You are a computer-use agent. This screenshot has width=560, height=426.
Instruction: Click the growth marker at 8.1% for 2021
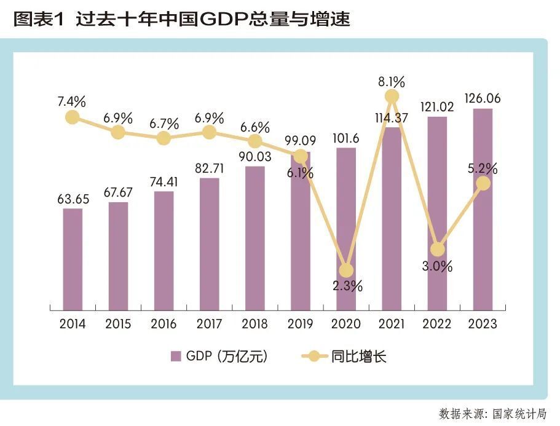[392, 97]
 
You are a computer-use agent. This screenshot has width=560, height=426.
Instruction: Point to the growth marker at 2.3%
[346, 270]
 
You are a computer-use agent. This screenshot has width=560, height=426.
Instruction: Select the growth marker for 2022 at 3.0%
[437, 250]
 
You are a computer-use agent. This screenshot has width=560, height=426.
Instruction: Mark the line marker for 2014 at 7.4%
[73, 117]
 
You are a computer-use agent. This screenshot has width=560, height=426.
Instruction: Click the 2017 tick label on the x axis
[209, 324]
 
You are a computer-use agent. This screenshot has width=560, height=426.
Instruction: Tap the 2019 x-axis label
[300, 324]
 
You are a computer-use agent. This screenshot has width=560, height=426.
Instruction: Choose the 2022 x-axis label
[437, 324]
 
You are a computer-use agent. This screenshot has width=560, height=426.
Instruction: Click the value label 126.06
[483, 98]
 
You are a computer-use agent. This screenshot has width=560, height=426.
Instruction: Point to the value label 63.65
[73, 199]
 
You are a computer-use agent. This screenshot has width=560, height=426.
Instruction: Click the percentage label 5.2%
[483, 168]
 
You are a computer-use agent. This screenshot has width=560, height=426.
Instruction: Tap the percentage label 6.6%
[254, 127]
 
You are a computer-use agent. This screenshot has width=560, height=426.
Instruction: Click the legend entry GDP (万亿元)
[219, 356]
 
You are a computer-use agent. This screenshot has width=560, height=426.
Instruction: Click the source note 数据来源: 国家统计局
[492, 414]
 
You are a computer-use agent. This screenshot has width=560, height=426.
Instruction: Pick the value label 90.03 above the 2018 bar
[254, 156]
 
